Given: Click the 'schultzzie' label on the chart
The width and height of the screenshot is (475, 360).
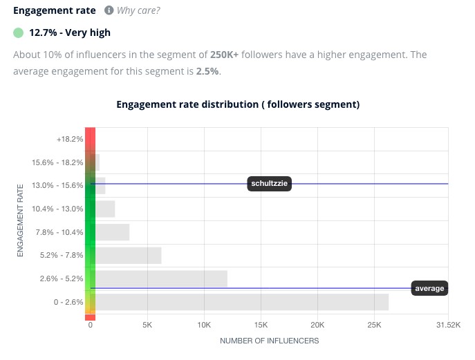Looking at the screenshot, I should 270,184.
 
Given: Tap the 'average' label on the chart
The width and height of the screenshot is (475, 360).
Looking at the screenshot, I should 429,288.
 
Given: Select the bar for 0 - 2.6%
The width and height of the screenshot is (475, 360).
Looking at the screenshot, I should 241,302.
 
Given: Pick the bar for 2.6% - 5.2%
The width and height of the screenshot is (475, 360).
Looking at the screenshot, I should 161,278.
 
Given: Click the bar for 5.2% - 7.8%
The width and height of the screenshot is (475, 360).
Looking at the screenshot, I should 128,256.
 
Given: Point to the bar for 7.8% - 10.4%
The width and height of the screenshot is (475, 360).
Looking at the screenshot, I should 112,232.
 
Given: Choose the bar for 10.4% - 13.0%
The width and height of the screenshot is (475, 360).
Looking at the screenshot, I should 105,209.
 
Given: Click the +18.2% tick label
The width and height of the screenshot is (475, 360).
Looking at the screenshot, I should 70,139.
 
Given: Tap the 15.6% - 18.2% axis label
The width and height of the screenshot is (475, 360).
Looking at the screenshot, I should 57,162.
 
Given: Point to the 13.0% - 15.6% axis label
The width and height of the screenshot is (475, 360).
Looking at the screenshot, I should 57,185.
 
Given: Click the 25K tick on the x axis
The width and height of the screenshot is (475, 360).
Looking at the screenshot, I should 373,325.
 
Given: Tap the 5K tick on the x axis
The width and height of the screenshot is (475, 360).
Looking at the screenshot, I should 147,325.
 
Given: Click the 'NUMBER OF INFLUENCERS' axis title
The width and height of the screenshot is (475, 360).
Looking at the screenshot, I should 269,341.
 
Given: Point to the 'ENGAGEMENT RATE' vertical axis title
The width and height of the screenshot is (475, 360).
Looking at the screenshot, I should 20,220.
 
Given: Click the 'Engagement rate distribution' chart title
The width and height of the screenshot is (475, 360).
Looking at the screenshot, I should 238,104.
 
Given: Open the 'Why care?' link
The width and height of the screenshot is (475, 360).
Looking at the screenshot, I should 139,11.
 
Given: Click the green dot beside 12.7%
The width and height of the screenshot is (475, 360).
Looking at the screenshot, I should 18,32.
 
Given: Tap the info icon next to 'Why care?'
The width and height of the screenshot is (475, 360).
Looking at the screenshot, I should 109,11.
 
